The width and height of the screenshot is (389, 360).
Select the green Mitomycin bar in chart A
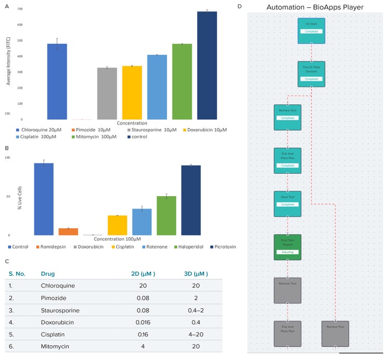[x=182, y=81]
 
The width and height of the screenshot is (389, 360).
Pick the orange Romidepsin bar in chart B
[x=68, y=231]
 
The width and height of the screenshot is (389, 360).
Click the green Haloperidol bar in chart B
[x=166, y=215]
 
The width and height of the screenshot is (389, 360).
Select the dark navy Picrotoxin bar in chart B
[x=191, y=200]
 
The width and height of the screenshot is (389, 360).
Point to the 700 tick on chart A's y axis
[x=19, y=9]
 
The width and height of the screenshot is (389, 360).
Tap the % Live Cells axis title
[x=20, y=200]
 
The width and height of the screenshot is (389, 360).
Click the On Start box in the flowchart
[x=311, y=31]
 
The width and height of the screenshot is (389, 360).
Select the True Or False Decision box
[x=311, y=74]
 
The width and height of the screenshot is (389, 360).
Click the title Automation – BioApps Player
[x=315, y=7]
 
